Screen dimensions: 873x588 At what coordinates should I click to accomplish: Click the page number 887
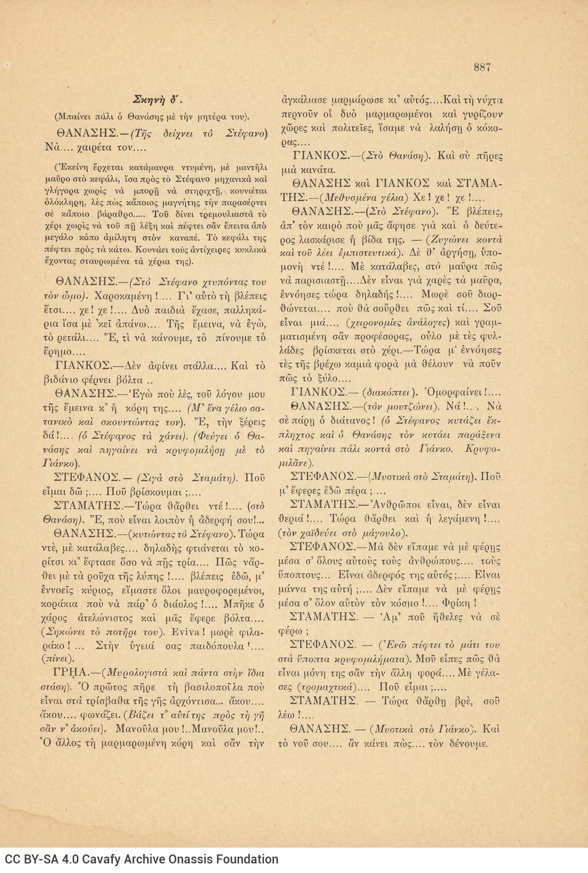click(482, 67)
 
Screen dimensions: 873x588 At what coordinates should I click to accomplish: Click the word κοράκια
click(60, 604)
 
